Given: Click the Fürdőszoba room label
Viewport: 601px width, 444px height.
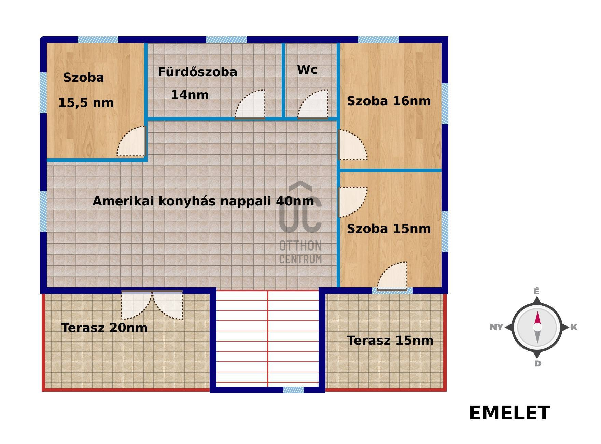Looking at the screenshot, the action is [197, 72].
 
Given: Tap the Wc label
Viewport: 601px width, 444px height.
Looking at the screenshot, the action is [307, 70].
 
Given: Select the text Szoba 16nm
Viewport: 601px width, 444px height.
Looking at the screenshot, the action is [389, 101].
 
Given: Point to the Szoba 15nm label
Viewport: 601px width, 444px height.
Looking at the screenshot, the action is [389, 229].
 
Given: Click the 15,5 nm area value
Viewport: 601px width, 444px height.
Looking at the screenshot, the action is [86, 103].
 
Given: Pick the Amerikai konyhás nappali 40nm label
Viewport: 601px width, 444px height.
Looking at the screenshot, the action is [203, 201].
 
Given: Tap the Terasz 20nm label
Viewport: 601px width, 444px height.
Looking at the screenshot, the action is [104, 328].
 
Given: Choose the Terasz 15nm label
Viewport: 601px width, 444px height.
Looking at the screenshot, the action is [390, 341].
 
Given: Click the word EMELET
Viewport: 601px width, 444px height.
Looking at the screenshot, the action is [509, 413].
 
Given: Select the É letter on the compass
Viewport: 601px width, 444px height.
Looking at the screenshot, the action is [536, 291].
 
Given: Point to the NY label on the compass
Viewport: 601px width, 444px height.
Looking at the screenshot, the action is [497, 327].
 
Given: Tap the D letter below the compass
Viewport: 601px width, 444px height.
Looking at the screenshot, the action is [537, 363].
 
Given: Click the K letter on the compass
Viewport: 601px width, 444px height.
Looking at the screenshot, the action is [574, 327].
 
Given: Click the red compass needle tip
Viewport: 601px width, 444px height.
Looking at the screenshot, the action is [537, 311].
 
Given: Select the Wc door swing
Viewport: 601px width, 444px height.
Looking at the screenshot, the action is [313, 104].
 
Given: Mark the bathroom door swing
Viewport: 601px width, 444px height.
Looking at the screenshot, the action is [250, 104].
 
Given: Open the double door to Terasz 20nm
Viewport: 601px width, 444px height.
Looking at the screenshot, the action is [152, 305].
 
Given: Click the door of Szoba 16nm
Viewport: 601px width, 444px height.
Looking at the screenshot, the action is [353, 145].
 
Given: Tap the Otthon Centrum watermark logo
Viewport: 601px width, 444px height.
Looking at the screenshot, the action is [300, 223].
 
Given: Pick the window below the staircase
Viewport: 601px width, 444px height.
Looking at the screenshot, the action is [293, 390].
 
